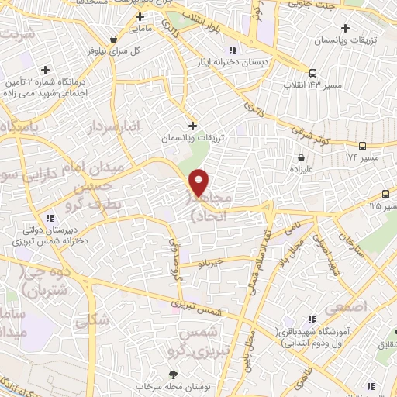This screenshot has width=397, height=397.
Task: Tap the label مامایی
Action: point(140,29)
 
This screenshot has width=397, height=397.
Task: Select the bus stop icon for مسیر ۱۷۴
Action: point(363,146)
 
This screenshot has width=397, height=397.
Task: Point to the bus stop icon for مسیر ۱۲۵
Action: point(386,194)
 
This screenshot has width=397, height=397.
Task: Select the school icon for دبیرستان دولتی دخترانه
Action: point(50,218)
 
